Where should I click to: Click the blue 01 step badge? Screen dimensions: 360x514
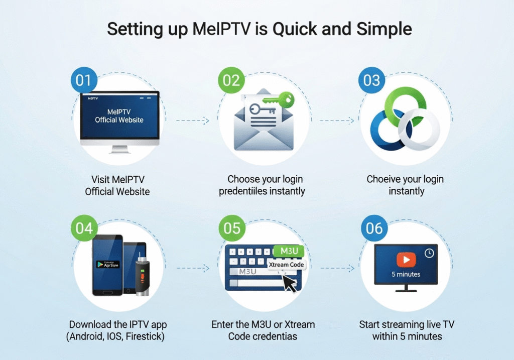[x=84, y=81]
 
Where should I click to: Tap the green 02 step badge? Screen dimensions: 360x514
[x=231, y=81]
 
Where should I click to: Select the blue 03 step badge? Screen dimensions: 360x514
[x=372, y=81]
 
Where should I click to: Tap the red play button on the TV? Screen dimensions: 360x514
[x=406, y=259]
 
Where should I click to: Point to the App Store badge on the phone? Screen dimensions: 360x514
[x=108, y=264]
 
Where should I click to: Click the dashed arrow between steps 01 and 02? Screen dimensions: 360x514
[x=192, y=121]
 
